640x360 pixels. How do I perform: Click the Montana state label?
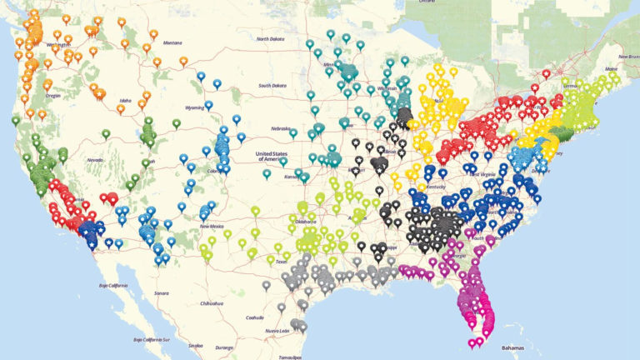click(x=172, y=42)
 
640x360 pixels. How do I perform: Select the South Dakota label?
click(x=272, y=85)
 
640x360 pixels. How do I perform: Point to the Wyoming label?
click(x=194, y=107)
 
